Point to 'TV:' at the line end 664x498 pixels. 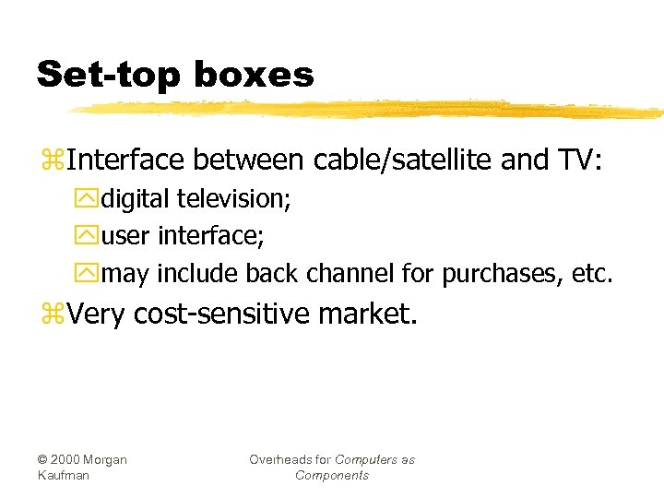[578, 161]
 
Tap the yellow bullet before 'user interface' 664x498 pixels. [89, 237]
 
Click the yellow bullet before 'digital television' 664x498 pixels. [89, 199]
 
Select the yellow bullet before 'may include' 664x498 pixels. [89, 275]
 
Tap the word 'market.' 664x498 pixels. [368, 315]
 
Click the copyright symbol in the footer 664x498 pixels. [43, 459]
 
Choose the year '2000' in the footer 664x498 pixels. [66, 459]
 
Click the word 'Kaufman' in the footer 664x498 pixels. [61, 475]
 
